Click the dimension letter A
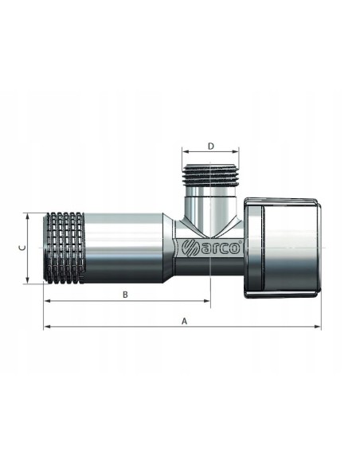pos(185,321)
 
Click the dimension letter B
pos(125,295)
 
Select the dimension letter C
pos(22,248)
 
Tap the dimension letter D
pos(210,147)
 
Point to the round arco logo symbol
pos(190,248)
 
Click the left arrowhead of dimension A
pos(47,326)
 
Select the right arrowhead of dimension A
pos(317,326)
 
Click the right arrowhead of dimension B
pos(207,301)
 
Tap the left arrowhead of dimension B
pos(48,301)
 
